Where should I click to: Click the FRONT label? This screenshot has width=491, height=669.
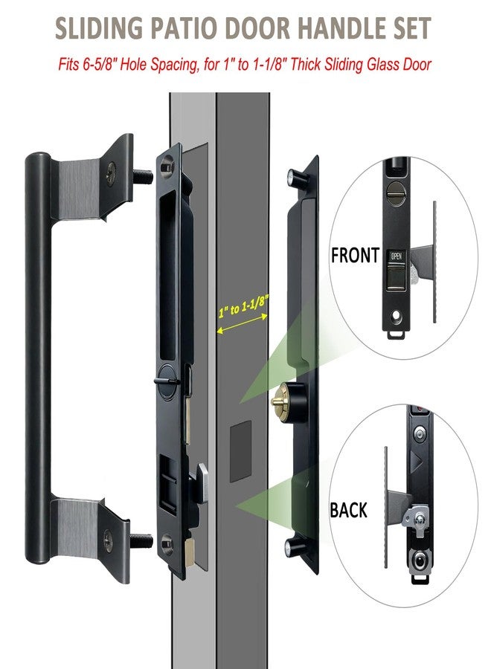click(x=356, y=256)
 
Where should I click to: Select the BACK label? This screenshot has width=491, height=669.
click(x=349, y=510)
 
